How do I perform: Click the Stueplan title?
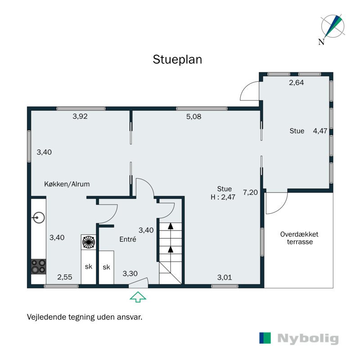[177, 59]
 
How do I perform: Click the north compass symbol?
[332, 28]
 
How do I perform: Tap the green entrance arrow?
[138, 297]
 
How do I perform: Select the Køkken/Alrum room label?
[67, 184]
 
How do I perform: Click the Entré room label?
[128, 239]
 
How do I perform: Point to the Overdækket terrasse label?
[299, 238]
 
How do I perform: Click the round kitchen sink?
[38, 218]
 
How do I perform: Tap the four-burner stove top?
[38, 266]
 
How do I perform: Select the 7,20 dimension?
[250, 193]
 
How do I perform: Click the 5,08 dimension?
[193, 117]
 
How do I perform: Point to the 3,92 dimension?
[80, 117]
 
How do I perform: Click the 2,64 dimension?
[296, 82]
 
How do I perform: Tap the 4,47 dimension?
[320, 131]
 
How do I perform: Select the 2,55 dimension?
[64, 277]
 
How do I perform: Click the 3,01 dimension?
[225, 277]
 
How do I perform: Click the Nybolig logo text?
[308, 338]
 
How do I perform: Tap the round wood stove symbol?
[88, 242]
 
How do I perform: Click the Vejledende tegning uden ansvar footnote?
[85, 317]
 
